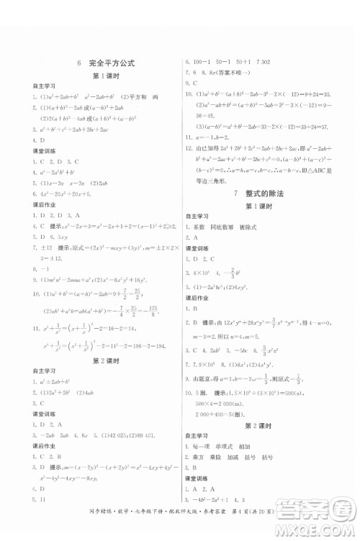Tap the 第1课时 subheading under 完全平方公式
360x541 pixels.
click(105, 76)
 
